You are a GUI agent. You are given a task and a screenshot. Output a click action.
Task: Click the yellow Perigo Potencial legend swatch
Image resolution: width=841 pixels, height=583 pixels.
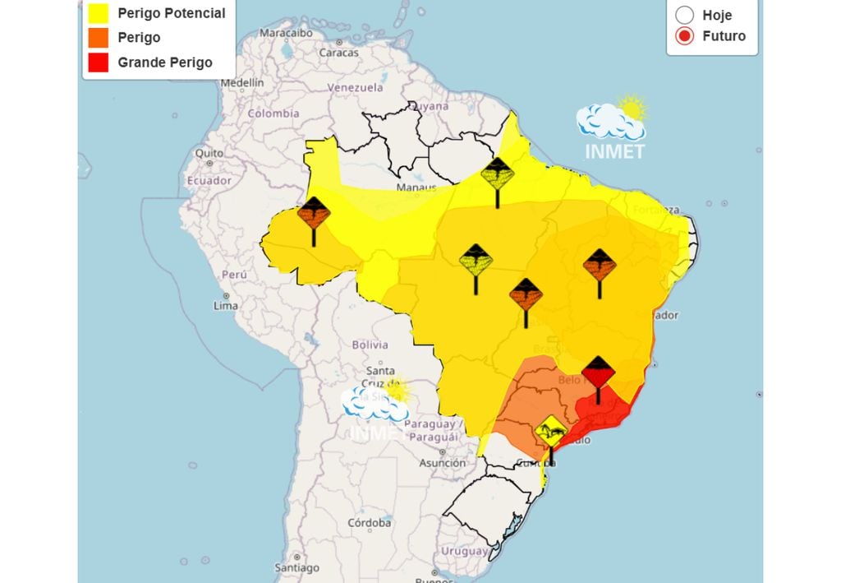99,13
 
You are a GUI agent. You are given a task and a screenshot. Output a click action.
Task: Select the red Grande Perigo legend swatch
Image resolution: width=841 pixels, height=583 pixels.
99,62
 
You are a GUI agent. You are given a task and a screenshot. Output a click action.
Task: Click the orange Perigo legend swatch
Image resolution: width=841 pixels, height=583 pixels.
99,38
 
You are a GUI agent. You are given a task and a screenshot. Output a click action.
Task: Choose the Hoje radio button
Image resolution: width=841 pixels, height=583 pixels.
685,15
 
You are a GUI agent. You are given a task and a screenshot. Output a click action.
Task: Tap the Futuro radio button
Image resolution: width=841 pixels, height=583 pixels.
685,36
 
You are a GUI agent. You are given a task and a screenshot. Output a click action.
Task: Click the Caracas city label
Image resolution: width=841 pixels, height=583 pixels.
338,53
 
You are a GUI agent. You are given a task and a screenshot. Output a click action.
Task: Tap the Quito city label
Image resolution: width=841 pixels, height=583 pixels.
209,153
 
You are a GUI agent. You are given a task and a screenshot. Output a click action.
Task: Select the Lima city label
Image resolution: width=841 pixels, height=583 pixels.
225,306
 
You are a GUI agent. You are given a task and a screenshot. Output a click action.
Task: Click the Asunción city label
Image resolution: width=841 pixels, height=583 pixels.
442,463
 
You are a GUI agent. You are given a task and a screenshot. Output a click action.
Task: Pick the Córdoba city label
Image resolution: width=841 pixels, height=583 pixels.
369,522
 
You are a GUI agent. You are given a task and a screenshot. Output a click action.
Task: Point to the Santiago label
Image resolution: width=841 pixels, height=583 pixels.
296,567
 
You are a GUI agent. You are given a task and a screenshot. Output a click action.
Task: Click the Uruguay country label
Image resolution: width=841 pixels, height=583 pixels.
464,550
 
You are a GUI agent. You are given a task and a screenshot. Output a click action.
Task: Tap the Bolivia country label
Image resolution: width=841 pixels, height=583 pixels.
370,345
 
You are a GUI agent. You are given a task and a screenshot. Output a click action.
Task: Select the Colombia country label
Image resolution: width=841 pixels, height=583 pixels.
273,114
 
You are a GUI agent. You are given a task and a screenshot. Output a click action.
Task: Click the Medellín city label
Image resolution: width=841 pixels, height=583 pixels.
241,83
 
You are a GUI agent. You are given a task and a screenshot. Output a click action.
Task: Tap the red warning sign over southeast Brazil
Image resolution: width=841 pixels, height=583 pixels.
598,375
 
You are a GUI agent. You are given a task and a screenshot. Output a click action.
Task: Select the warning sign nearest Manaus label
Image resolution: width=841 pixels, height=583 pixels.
497,175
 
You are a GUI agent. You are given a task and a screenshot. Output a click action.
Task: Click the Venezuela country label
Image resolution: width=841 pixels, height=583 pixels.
355,87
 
